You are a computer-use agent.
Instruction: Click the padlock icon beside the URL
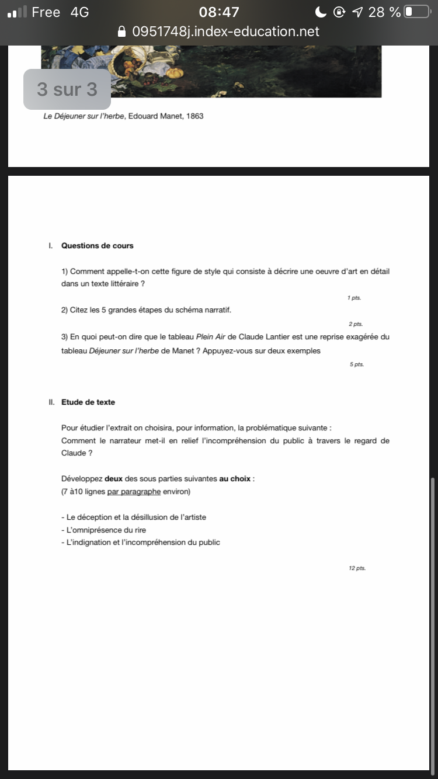coord(122,32)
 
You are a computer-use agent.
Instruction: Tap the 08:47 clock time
coord(219,12)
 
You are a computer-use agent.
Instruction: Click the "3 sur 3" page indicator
coord(67,89)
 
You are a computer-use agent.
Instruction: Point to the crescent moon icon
coord(320,12)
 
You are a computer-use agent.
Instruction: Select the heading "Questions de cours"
coord(97,246)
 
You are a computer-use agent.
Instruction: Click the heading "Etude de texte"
coord(88,402)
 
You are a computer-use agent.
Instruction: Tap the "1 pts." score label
coord(354,298)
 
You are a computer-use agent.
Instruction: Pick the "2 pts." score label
coord(355,324)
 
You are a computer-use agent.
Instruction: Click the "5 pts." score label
coord(356,364)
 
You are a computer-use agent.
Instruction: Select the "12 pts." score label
coord(357,568)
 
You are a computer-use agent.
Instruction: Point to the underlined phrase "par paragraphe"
coord(134,492)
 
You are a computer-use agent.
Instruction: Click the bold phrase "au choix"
coord(235,479)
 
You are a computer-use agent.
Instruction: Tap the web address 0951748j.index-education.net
coord(226,32)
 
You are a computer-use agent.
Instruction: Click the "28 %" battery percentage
coord(384,12)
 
